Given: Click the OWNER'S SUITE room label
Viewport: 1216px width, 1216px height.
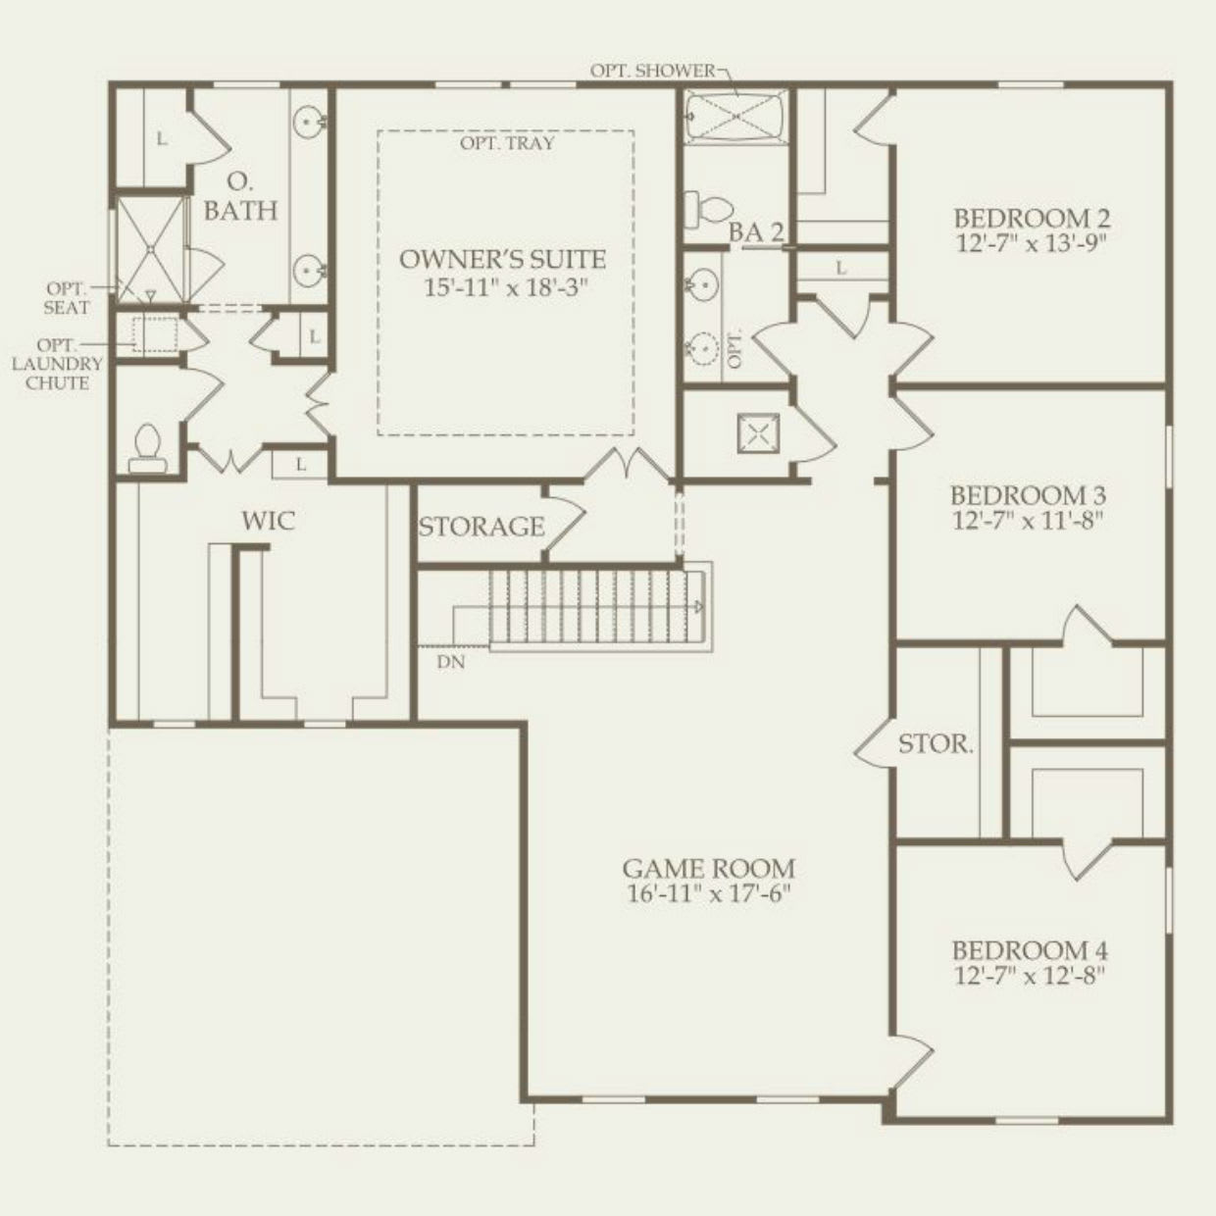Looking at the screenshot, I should click(x=502, y=260).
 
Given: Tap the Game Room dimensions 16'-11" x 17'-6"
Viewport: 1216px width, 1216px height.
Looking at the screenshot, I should click(x=708, y=894).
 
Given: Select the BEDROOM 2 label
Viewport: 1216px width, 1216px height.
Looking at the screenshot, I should click(x=1032, y=218).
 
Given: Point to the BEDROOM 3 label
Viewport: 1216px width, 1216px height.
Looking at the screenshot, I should click(x=1028, y=494).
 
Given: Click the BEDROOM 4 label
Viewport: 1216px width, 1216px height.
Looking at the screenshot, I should click(x=1030, y=950).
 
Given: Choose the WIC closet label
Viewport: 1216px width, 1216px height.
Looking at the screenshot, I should click(x=268, y=521).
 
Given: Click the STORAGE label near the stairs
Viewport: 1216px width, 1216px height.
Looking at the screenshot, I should click(x=481, y=528).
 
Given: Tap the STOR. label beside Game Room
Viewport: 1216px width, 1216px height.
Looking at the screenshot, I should click(x=936, y=744).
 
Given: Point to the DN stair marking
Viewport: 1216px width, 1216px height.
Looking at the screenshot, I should click(x=451, y=662).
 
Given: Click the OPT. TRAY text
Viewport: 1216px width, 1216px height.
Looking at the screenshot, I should click(x=507, y=143).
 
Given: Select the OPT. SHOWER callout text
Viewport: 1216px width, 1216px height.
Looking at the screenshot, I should click(x=652, y=71).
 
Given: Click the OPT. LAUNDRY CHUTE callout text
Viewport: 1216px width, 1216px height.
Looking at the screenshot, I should click(x=57, y=364).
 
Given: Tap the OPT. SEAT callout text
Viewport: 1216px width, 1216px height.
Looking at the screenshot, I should click(x=67, y=298).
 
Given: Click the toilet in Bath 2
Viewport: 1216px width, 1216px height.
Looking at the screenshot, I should click(x=709, y=208).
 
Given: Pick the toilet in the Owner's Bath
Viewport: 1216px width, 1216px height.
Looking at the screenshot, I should click(x=146, y=448).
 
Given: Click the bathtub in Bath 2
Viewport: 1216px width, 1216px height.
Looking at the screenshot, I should click(x=735, y=117).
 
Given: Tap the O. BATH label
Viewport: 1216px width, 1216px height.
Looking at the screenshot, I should click(x=240, y=196).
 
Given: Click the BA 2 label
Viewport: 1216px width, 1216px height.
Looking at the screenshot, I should click(x=756, y=232).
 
